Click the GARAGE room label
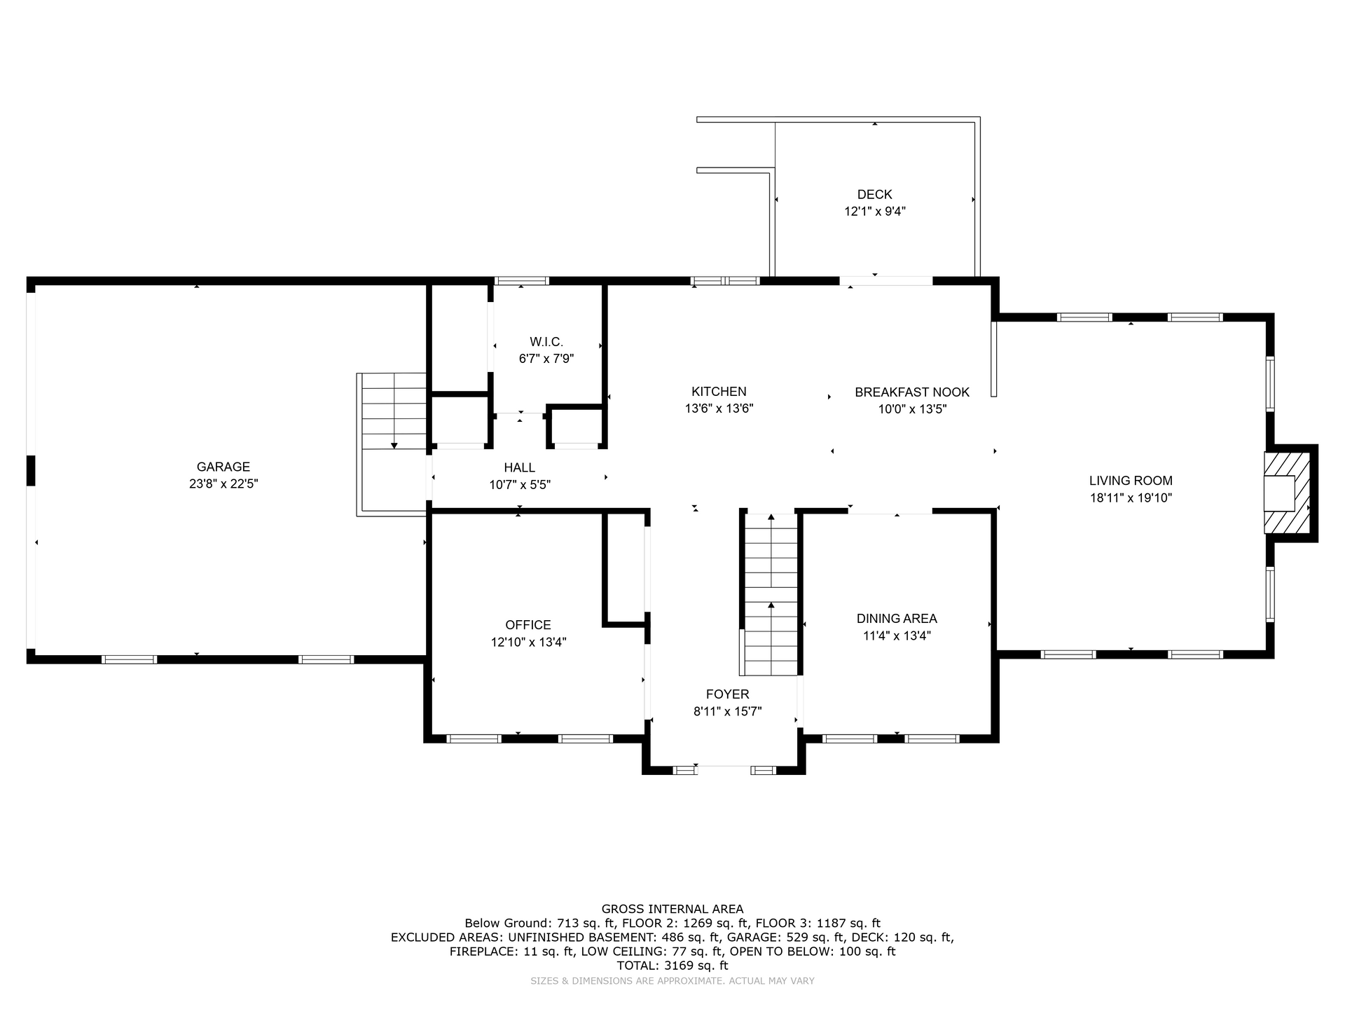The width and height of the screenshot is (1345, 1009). point(223,467)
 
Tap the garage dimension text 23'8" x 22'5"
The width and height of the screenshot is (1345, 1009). point(223,483)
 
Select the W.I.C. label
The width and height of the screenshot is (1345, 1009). point(546,342)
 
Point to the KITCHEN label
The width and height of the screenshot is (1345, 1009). point(719,392)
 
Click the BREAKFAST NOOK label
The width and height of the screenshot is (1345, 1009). point(912,392)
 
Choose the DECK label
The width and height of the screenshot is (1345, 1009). point(875,194)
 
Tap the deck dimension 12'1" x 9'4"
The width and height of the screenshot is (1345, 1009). point(875,211)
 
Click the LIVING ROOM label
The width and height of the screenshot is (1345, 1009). point(1131,481)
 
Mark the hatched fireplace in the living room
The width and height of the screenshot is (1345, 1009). point(1287,493)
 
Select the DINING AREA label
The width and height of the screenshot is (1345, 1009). point(897,619)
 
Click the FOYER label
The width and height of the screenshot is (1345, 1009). point(727,694)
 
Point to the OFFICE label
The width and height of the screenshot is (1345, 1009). point(528,625)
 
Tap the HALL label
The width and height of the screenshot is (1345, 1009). point(519,467)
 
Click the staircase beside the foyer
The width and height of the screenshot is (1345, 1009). point(771,594)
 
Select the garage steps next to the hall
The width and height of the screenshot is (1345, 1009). point(394,411)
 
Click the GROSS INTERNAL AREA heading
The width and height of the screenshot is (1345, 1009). point(672,910)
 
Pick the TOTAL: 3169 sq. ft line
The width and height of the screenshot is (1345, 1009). point(672,966)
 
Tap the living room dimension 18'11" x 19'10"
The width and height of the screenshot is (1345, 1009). point(1131,498)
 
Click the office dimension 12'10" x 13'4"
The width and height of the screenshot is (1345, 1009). point(528,642)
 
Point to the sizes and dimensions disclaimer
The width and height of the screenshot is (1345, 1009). point(672,981)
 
